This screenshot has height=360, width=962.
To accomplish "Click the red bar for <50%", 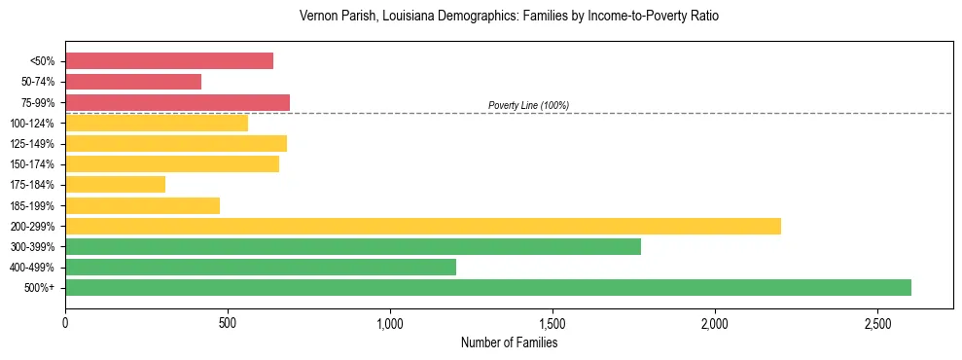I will [169, 61].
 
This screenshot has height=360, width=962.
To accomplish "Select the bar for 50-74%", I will [133, 82].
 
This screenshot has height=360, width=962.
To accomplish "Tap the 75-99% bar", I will [177, 102].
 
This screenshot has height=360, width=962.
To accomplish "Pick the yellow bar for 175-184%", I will [115, 184].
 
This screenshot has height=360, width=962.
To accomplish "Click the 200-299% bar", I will [423, 226].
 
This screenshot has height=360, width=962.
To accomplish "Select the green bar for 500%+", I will [488, 287].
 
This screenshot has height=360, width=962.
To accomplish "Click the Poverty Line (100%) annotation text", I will [528, 105].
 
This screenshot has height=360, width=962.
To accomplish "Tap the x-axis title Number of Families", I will [509, 342].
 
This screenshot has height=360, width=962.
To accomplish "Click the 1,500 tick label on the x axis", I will [552, 323].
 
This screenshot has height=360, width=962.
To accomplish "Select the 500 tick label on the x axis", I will [228, 323].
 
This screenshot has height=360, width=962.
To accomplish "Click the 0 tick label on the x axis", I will [65, 323].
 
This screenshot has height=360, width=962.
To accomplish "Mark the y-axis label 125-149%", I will [32, 144].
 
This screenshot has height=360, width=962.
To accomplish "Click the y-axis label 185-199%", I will [32, 205].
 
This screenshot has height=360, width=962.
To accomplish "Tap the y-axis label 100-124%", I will [32, 124].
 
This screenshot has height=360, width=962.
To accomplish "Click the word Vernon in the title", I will [320, 17].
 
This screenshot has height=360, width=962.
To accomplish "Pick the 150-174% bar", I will [172, 163].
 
